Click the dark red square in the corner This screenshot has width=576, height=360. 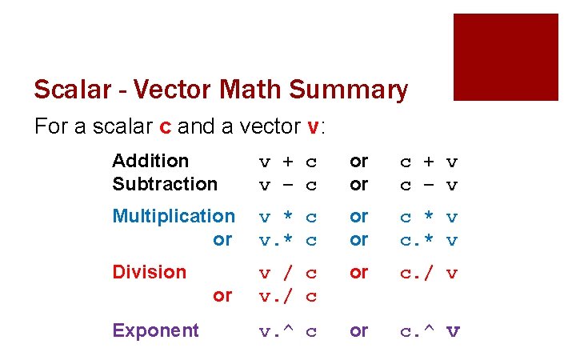(506, 57)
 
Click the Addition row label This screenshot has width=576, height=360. (150, 161)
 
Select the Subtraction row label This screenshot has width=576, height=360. (165, 183)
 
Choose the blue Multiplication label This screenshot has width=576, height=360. (174, 216)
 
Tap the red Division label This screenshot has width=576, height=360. (149, 272)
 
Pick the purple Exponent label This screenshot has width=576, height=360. (155, 330)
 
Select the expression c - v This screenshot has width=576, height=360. (429, 184)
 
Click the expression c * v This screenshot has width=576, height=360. (429, 217)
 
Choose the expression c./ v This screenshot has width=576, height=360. (429, 273)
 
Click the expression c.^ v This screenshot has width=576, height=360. (430, 331)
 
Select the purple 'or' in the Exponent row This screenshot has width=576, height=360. (359, 330)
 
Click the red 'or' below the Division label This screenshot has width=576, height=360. (222, 295)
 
